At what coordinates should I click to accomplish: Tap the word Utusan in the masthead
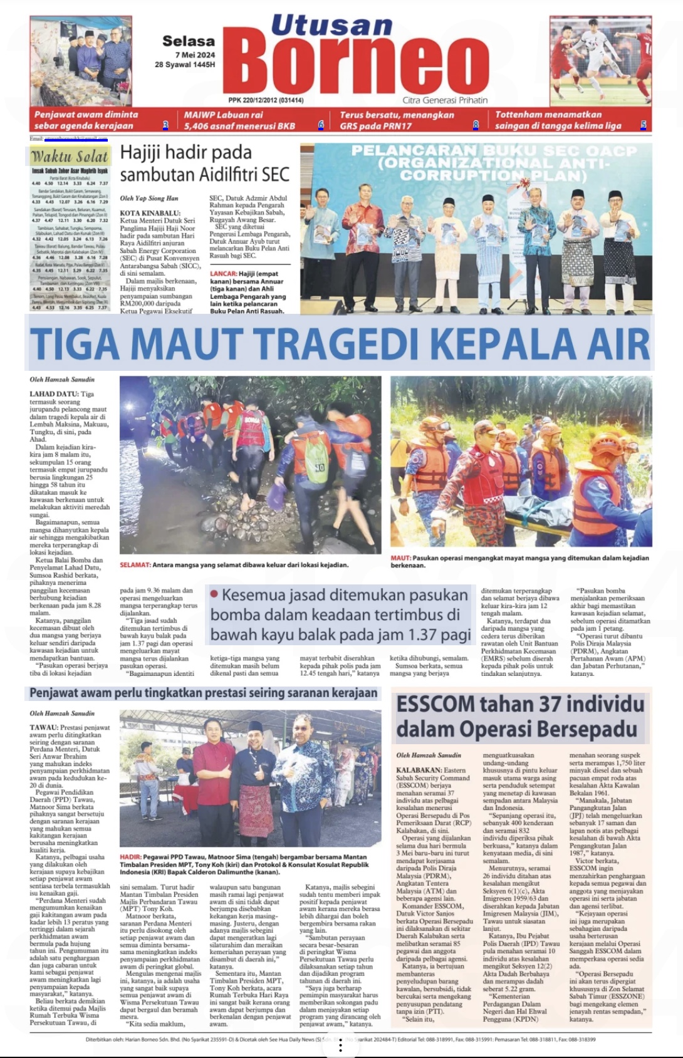click(331, 26)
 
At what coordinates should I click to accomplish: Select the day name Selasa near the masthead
click(188, 41)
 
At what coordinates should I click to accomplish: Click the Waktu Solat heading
click(70, 156)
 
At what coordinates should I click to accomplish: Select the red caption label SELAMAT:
click(135, 565)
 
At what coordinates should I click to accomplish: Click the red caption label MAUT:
click(400, 558)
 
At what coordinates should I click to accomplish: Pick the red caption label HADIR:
click(130, 857)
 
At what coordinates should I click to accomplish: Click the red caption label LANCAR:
click(223, 274)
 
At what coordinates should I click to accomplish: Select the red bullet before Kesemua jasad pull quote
click(214, 593)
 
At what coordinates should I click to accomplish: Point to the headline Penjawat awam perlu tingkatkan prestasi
click(203, 693)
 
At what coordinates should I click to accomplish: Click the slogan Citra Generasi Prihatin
click(445, 100)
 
